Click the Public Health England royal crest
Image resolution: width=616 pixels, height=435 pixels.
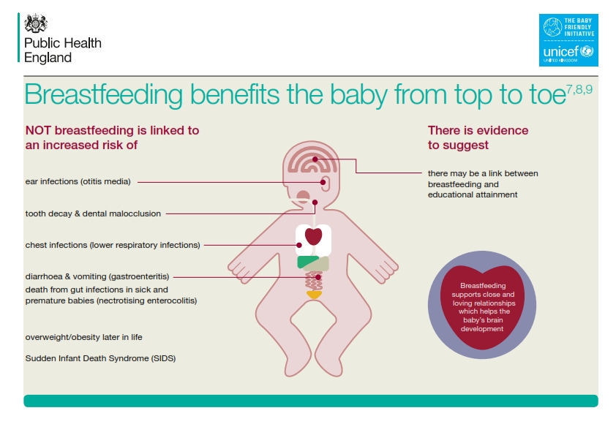[36, 23]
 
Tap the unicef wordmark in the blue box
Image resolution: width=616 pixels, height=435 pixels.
[562, 51]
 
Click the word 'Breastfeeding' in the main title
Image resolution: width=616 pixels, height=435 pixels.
[104, 94]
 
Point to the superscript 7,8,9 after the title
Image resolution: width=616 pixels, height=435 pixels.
[579, 89]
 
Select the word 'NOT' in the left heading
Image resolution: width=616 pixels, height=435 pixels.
[38, 130]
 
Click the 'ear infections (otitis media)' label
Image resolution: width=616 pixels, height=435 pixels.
[78, 181]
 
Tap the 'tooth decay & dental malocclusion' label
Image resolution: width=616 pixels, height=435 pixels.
[93, 213]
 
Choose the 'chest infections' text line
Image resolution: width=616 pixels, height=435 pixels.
[113, 245]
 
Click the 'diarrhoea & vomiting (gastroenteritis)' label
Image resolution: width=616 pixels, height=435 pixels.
[97, 276]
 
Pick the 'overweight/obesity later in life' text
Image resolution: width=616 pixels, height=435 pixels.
[83, 337]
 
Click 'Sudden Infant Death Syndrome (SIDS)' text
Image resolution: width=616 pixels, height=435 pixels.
[100, 358]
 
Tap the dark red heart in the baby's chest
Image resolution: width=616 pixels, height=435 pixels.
[314, 236]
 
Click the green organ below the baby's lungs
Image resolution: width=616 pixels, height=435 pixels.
[307, 262]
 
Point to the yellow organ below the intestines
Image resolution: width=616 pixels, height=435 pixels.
[314, 295]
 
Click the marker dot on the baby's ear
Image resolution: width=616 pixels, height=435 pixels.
[323, 182]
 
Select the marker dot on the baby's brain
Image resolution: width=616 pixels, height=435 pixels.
[315, 159]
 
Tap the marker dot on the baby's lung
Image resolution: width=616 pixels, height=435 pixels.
[299, 245]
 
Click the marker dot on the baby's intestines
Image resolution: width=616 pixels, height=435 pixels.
[318, 277]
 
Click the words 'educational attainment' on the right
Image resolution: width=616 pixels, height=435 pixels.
[473, 194]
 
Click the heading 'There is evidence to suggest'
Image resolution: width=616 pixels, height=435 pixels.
[478, 137]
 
